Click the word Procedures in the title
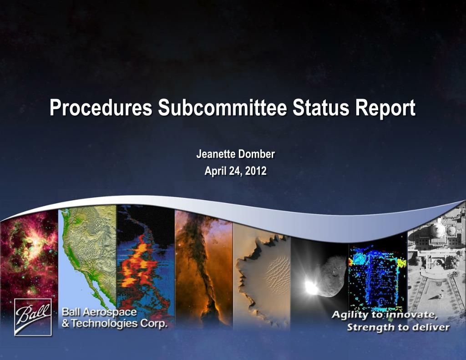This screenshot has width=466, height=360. [101, 108]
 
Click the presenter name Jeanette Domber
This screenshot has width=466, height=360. [236, 154]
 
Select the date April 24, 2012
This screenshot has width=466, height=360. [236, 171]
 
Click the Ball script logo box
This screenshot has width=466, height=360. [33, 317]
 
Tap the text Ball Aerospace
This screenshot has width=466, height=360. [99, 312]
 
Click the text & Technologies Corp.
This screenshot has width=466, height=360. [114, 323]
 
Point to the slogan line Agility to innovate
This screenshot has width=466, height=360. [385, 315]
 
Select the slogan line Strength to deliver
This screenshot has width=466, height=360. [398, 327]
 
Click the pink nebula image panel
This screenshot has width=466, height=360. [29, 259]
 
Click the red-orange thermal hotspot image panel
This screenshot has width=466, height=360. [146, 264]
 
